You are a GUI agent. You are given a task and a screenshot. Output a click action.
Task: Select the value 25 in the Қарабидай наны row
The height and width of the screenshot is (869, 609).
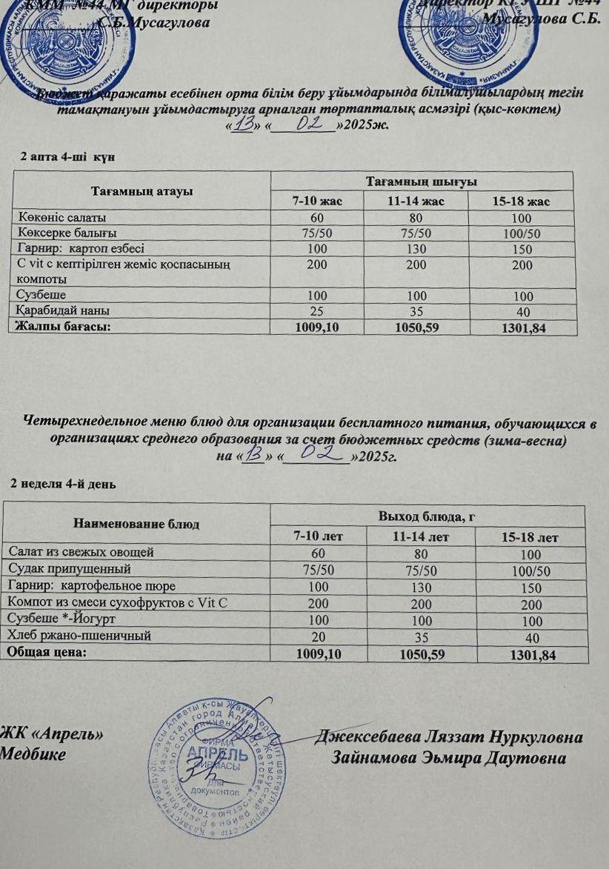(x=317, y=312)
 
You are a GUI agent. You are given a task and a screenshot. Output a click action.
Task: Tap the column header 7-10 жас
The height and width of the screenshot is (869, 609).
(x=317, y=201)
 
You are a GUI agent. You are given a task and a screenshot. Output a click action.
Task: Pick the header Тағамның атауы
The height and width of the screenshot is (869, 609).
(x=142, y=191)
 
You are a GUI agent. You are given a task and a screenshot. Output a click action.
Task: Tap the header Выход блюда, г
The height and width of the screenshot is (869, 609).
(x=427, y=516)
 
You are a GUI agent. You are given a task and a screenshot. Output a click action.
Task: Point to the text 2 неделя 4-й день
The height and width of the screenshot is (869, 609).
(x=63, y=483)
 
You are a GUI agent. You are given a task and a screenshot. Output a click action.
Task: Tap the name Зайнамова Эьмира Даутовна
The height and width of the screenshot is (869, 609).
(x=450, y=758)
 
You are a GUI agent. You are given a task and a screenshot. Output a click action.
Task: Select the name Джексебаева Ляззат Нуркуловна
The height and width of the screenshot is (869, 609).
(x=449, y=737)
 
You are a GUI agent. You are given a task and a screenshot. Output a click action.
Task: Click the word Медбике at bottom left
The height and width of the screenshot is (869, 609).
(x=33, y=754)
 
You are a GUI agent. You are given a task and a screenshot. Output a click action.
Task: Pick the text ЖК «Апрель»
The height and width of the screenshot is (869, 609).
(x=51, y=735)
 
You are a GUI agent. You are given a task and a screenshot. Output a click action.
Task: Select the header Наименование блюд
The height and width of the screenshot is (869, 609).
(x=136, y=524)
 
